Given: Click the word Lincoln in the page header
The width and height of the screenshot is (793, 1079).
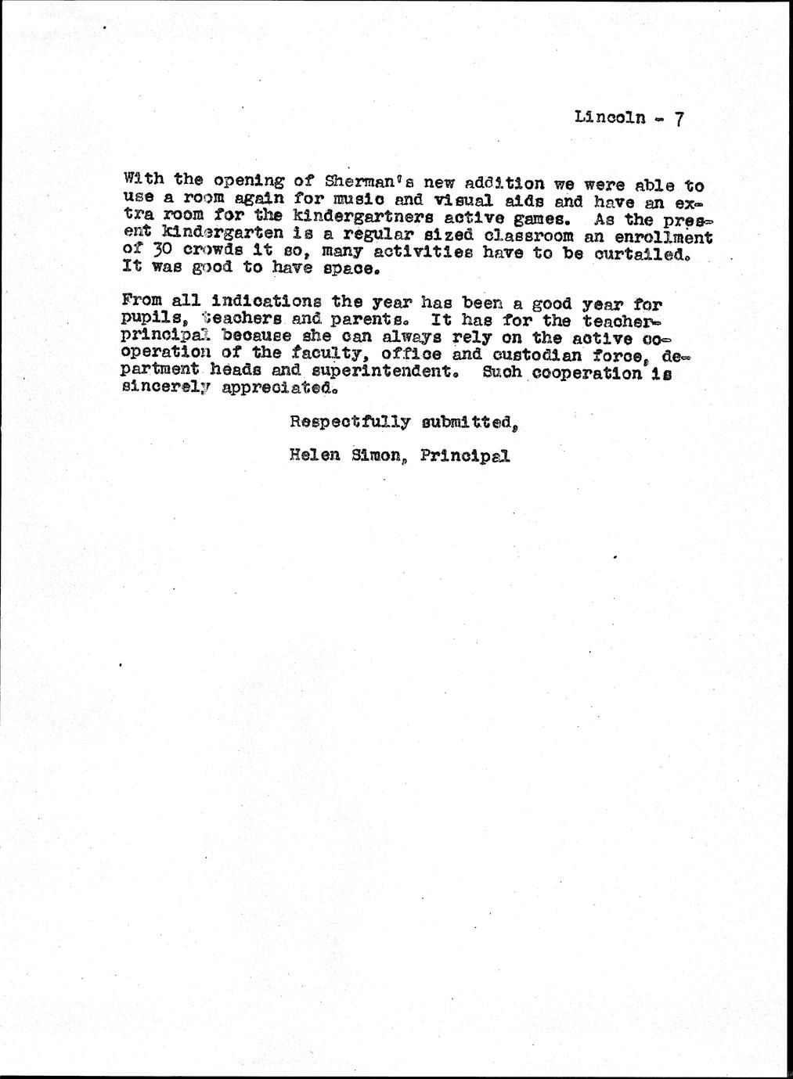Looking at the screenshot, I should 610,118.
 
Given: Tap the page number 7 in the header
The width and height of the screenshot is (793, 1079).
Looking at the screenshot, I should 679,119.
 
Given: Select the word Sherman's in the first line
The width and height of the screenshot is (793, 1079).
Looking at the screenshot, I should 359,183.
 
